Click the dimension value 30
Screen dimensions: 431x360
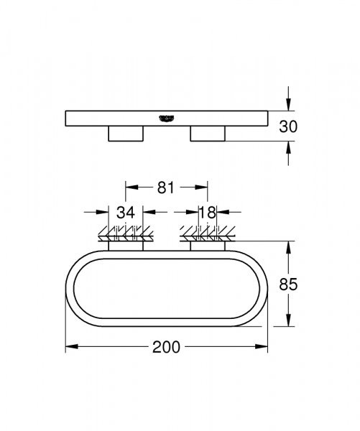pyautogui.click(x=288, y=126)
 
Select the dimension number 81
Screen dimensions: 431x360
pyautogui.click(x=166, y=187)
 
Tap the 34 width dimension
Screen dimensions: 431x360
pyautogui.click(x=126, y=212)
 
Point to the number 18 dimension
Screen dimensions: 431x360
pyautogui.click(x=207, y=212)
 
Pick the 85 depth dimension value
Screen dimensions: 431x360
pyautogui.click(x=288, y=284)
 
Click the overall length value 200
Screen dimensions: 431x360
pyautogui.click(x=166, y=347)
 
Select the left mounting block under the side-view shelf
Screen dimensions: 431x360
pyautogui.click(x=125, y=134)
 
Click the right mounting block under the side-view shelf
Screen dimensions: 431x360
pyautogui.click(x=208, y=134)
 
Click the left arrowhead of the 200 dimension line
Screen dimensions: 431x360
pyautogui.click(x=70, y=347)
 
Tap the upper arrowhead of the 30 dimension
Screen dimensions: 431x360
pyautogui.click(x=288, y=105)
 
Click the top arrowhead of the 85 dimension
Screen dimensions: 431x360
pyautogui.click(x=288, y=245)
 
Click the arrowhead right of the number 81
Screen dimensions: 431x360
pyautogui.click(x=203, y=187)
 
